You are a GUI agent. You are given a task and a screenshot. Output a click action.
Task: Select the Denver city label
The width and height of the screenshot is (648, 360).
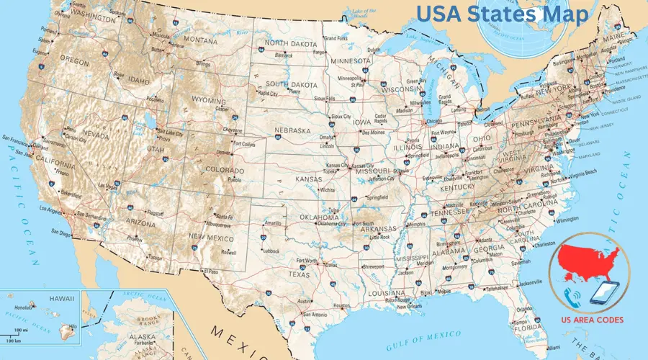(x=223, y=153)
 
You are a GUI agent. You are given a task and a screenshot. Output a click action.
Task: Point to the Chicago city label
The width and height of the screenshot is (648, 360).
(x=434, y=121)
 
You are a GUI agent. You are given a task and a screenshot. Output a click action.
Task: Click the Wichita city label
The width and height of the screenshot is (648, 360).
(x=328, y=190)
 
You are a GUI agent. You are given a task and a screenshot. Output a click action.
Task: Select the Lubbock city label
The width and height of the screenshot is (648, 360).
(x=271, y=251)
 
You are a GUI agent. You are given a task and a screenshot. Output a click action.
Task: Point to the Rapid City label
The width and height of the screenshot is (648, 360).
(x=269, y=93)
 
